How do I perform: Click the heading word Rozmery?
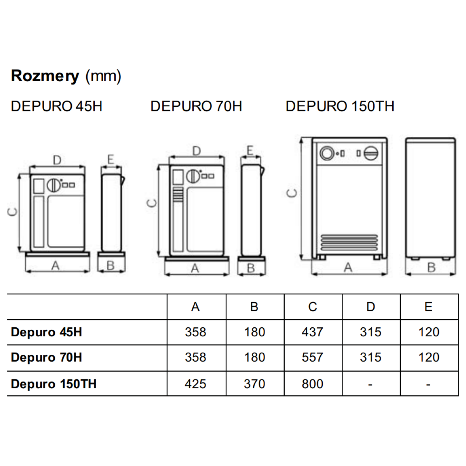tap(45, 77)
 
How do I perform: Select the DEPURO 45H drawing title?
tap(57, 106)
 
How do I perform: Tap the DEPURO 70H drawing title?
tap(196, 106)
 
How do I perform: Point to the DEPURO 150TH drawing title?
tap(340, 106)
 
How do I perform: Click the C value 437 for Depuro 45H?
tap(312, 332)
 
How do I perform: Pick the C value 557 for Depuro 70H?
tap(312, 357)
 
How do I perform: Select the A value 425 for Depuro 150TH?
tap(195, 384)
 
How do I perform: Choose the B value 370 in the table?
tap(254, 384)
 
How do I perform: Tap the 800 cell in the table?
tap(312, 384)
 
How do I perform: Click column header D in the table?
tap(370, 307)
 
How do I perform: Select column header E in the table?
tap(428, 307)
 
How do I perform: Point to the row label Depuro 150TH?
tap(54, 384)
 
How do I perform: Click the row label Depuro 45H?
tap(47, 332)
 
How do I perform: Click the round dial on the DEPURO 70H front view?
tap(193, 176)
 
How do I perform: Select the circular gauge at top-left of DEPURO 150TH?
tap(327, 153)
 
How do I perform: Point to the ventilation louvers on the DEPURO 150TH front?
tap(349, 242)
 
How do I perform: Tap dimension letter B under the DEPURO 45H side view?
tap(111, 266)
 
